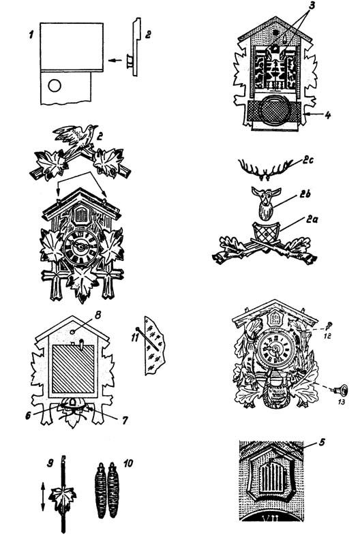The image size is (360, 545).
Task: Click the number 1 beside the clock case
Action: [x=31, y=35]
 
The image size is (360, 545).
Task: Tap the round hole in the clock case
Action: [x=55, y=85]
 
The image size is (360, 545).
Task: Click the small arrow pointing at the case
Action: [x=115, y=61]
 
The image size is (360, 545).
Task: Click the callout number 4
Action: [x=328, y=114]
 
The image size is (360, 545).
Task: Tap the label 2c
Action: [x=305, y=161]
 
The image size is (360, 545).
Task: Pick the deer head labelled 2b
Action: [x=266, y=203]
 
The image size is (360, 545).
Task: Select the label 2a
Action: [x=311, y=219]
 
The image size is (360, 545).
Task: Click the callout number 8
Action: [x=97, y=315]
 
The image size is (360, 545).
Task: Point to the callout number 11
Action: [x=136, y=336]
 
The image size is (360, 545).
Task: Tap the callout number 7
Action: [x=124, y=420]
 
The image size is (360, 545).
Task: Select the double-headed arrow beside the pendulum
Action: [x=42, y=497]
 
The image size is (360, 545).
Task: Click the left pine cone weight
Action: [x=101, y=490]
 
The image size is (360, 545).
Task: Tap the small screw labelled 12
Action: [x=329, y=326]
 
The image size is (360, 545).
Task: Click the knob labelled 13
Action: [x=341, y=390]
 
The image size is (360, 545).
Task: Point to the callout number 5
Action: [x=322, y=442]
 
